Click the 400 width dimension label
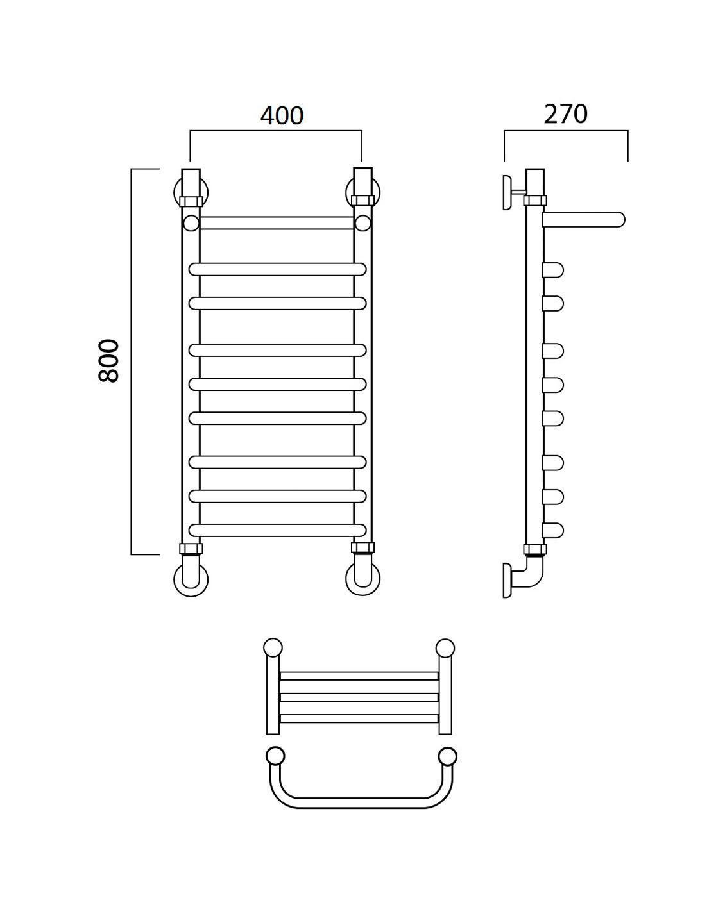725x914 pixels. [282, 115]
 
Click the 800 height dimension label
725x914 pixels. [109, 361]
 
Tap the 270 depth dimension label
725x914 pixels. [565, 114]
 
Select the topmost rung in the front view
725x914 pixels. [277, 223]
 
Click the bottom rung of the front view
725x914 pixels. [278, 531]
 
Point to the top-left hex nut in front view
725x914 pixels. [191, 201]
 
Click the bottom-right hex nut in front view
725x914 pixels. [362, 548]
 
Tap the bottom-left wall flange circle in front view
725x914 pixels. [191, 579]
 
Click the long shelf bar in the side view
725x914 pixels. [583, 220]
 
